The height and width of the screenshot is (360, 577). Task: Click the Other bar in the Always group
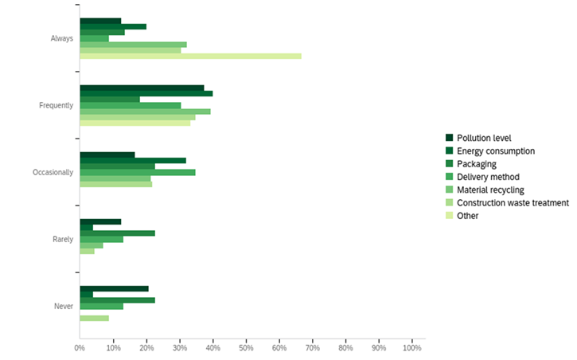tap(190, 56)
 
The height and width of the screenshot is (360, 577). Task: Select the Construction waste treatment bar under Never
tap(94, 319)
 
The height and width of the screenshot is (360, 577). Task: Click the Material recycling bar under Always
tap(133, 45)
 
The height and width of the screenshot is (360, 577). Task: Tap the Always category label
tap(61, 38)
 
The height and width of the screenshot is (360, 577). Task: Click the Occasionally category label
tap(53, 172)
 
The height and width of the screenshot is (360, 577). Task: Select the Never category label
tap(63, 306)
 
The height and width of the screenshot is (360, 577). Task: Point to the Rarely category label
tap(62, 239)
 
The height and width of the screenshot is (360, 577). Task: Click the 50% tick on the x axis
tap(246, 348)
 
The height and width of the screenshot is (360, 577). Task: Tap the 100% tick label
tap(412, 348)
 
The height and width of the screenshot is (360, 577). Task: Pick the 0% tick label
tap(80, 348)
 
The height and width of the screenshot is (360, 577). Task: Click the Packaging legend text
tap(476, 163)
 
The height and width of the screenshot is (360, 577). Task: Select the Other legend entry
tap(468, 216)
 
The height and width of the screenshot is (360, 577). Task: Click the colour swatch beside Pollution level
tap(450, 138)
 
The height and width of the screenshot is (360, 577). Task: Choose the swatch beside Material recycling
tap(450, 190)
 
